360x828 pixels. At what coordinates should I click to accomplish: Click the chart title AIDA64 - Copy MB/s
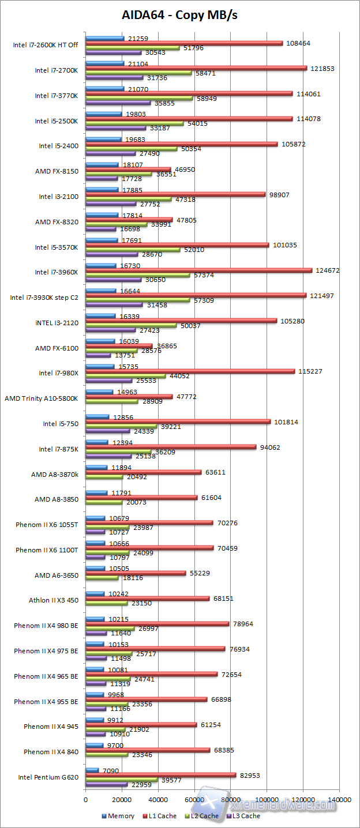tap(179, 16)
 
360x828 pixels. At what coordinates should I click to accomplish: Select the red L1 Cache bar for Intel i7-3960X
tap(198, 270)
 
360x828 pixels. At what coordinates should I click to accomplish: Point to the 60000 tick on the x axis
tap(194, 800)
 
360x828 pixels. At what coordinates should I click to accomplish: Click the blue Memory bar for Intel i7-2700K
tap(104, 63)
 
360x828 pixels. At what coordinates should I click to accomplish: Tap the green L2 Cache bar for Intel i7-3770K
tap(139, 99)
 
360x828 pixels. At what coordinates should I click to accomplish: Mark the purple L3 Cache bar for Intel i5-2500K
tap(115, 129)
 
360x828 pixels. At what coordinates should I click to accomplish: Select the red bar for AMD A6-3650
tap(136, 573)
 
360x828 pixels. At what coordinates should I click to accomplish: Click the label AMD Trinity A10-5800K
tap(41, 398)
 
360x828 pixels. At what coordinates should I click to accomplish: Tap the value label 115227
tap(310, 371)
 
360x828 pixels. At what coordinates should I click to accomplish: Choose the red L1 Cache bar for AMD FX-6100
tap(119, 345)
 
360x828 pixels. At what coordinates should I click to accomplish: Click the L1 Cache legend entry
tap(162, 816)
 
